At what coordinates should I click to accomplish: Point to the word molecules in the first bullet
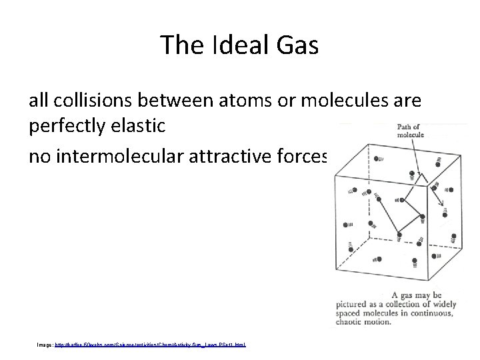(x=349, y=101)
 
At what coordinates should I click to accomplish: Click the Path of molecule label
(x=411, y=131)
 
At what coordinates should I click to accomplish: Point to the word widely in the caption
(x=441, y=304)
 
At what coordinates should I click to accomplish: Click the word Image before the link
(x=46, y=345)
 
